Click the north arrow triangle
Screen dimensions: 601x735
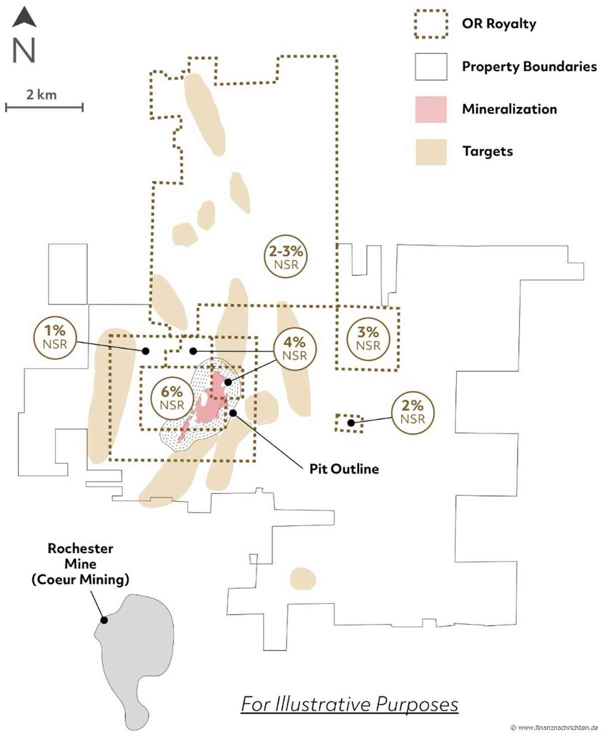click(25, 19)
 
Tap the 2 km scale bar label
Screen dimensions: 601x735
click(42, 95)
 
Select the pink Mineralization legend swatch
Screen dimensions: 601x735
click(431, 109)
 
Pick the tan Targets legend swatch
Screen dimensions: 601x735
click(431, 152)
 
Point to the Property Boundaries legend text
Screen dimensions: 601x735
click(529, 67)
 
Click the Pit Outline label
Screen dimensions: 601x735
click(344, 469)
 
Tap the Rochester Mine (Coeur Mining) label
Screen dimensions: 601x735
click(81, 564)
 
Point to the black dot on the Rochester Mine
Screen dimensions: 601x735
click(104, 620)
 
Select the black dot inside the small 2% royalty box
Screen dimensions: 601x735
click(351, 423)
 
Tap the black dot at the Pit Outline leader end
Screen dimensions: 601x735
click(233, 413)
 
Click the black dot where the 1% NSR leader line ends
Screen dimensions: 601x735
click(146, 351)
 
